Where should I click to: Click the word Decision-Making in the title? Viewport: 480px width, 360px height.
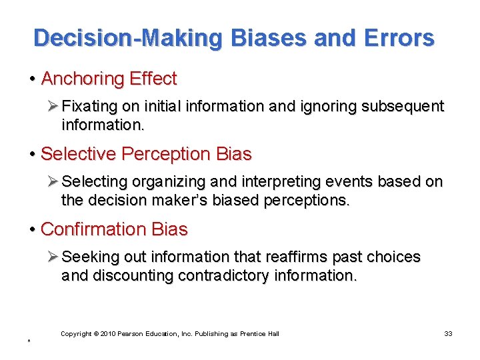[127, 38]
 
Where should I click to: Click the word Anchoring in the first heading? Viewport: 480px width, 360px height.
[82, 79]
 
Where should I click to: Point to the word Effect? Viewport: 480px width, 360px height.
[153, 79]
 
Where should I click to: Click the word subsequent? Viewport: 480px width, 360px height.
[403, 107]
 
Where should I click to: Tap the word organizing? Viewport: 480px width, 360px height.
[167, 182]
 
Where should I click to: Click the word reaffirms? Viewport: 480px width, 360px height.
[291, 257]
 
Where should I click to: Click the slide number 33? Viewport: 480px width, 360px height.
[448, 333]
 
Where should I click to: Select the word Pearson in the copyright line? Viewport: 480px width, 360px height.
[132, 333]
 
